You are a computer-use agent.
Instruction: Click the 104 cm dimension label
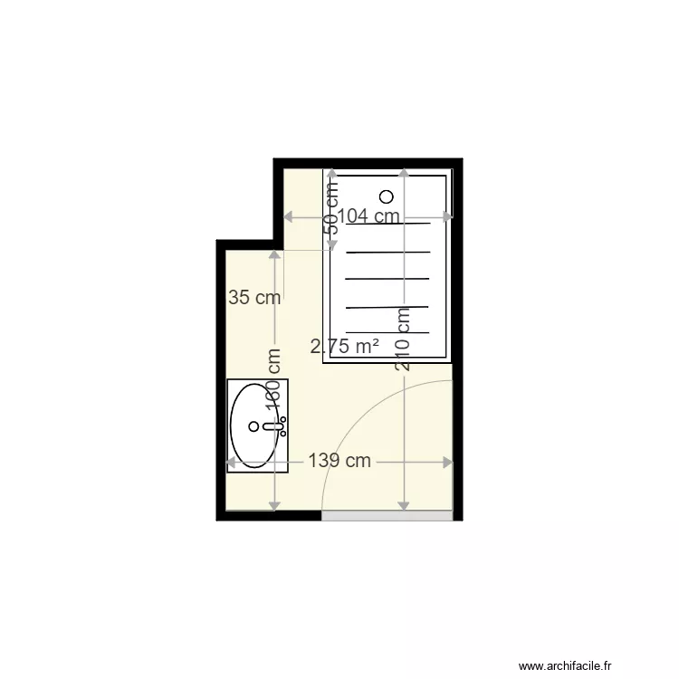[x=368, y=216]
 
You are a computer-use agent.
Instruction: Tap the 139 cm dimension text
[x=339, y=461]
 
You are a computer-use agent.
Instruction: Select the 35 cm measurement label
[x=253, y=297]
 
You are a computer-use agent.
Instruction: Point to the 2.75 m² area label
[x=344, y=346]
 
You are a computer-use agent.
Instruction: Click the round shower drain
[x=387, y=196]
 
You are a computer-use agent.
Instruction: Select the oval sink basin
[x=253, y=426]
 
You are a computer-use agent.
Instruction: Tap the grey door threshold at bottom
[x=387, y=515]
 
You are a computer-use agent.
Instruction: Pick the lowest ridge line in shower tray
[x=387, y=332]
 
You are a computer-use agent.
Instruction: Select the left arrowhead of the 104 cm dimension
[x=289, y=216]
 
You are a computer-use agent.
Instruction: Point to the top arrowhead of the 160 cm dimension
[x=273, y=256]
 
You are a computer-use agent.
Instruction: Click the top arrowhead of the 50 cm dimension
[x=332, y=172]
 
